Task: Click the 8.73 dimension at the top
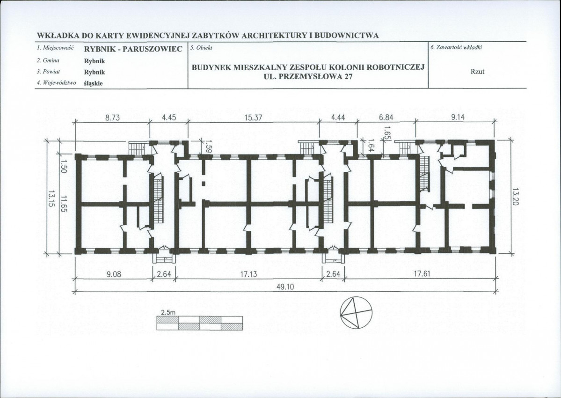pyautogui.click(x=112, y=118)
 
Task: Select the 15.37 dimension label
pyautogui.click(x=253, y=118)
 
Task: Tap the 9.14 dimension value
pyautogui.click(x=458, y=118)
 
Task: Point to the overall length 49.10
pyautogui.click(x=285, y=287)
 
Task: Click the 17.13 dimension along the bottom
pyautogui.click(x=249, y=274)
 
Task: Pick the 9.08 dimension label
pyautogui.click(x=114, y=274)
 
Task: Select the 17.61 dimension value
pyautogui.click(x=422, y=274)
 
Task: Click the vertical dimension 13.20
pyautogui.click(x=516, y=197)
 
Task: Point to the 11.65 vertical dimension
pyautogui.click(x=64, y=204)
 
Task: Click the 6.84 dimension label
pyautogui.click(x=386, y=118)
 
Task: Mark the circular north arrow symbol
pyautogui.click(x=356, y=312)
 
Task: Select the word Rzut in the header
pyautogui.click(x=477, y=72)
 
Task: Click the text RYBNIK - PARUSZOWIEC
pyautogui.click(x=133, y=49)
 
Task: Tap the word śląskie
pyautogui.click(x=94, y=83)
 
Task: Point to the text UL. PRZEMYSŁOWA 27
pyautogui.click(x=308, y=76)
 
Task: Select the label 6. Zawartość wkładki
pyautogui.click(x=457, y=47)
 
